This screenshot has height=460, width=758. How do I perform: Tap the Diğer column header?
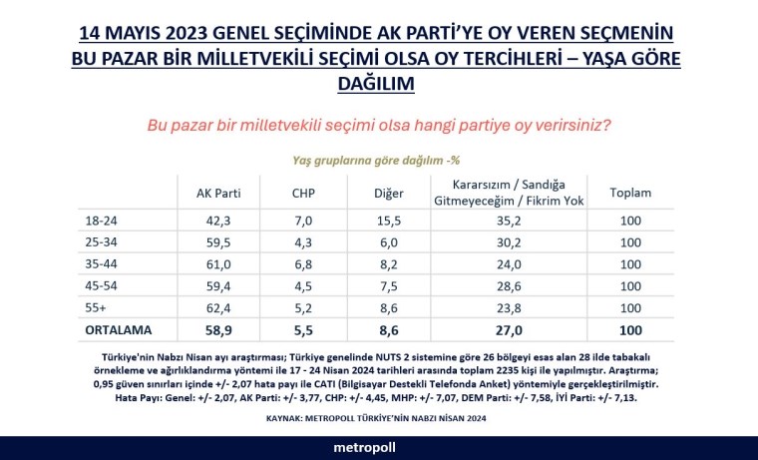point(387,193)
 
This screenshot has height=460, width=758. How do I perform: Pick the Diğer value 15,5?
point(387,221)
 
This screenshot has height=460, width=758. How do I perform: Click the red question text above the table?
point(378,126)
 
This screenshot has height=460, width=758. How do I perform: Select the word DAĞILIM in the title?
point(378,86)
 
